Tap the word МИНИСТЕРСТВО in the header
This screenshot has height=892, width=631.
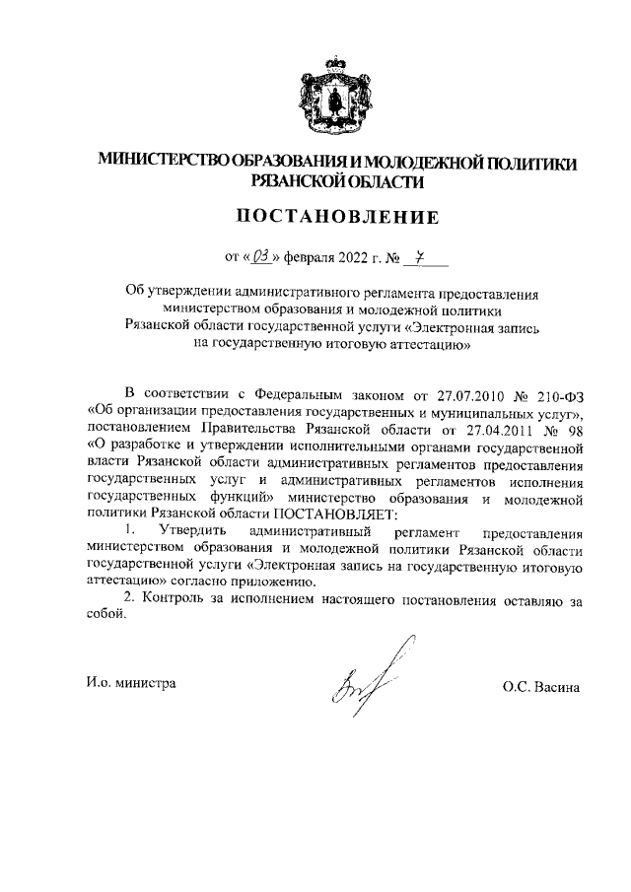click(x=161, y=162)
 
